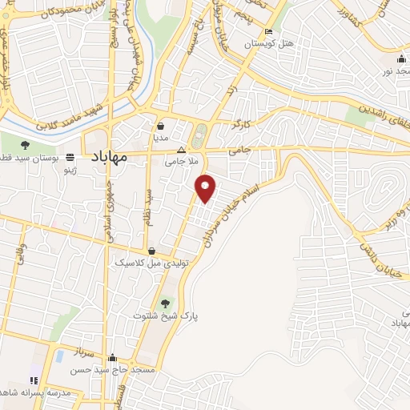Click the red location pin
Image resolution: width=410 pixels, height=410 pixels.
pyautogui.click(x=207, y=188)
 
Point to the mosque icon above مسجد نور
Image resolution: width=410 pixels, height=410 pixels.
pyautogui.click(x=400, y=59)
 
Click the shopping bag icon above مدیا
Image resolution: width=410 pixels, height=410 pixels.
pyautogui.click(x=161, y=126)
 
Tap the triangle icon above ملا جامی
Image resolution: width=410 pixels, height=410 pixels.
pyautogui.click(x=181, y=150)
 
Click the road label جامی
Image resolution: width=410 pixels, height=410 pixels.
pyautogui.click(x=239, y=148)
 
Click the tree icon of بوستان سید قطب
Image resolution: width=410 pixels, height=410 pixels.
pyautogui.click(x=26, y=145)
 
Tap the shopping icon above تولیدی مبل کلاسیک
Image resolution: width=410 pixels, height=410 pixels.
pyautogui.click(x=151, y=251)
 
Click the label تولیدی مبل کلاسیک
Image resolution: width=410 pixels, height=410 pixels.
pyautogui.click(x=151, y=262)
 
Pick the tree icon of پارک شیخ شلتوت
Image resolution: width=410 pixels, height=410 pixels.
pyautogui.click(x=166, y=303)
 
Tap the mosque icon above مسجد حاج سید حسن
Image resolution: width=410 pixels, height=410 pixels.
pyautogui.click(x=113, y=359)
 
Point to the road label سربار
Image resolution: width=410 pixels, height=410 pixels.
pyautogui.click(x=85, y=352)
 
